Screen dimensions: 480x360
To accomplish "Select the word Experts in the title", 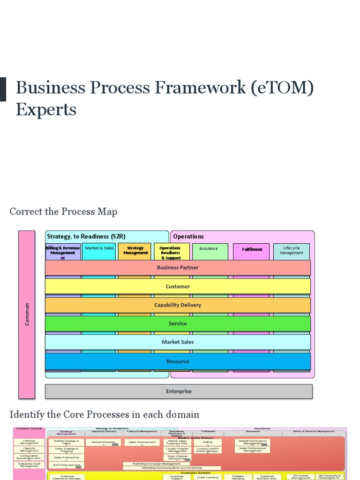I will click(x=46, y=110).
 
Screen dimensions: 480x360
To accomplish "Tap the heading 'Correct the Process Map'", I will click(x=63, y=211).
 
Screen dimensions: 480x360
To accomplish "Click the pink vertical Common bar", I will click(x=27, y=314).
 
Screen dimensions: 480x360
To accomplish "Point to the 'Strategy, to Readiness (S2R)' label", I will click(x=86, y=236).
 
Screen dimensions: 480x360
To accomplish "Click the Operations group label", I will click(x=188, y=236).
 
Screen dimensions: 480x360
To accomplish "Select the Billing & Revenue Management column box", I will click(x=63, y=252).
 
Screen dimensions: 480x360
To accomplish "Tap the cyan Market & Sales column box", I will click(x=99, y=251).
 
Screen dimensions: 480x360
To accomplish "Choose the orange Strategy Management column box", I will click(x=135, y=251).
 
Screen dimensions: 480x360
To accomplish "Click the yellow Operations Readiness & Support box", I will click(x=171, y=252).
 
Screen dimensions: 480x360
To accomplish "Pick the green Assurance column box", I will click(x=210, y=251).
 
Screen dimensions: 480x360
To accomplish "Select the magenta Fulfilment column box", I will click(x=252, y=251).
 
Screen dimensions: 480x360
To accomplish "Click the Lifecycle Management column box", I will click(x=292, y=251).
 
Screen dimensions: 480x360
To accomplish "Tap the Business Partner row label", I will click(x=178, y=268).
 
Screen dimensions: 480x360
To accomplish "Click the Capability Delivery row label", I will click(x=178, y=305).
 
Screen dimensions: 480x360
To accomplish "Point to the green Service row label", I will click(x=178, y=323).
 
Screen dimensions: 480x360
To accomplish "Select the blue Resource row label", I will click(x=178, y=361).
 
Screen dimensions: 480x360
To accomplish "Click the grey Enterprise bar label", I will click(x=179, y=391).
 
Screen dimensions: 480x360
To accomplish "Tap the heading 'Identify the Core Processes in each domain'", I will click(x=105, y=414).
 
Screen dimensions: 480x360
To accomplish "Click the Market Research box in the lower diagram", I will click(x=103, y=442).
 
